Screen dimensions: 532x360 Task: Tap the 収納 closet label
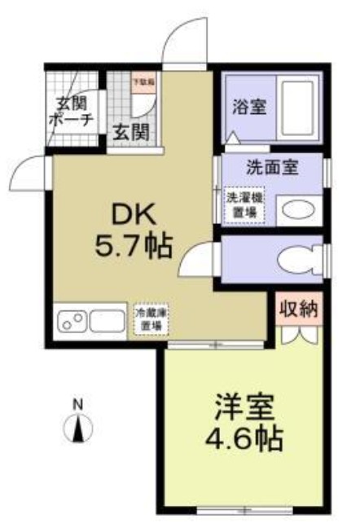click(x=299, y=309)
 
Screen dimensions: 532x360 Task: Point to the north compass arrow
click(x=78, y=428)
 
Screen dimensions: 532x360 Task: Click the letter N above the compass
click(x=78, y=403)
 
